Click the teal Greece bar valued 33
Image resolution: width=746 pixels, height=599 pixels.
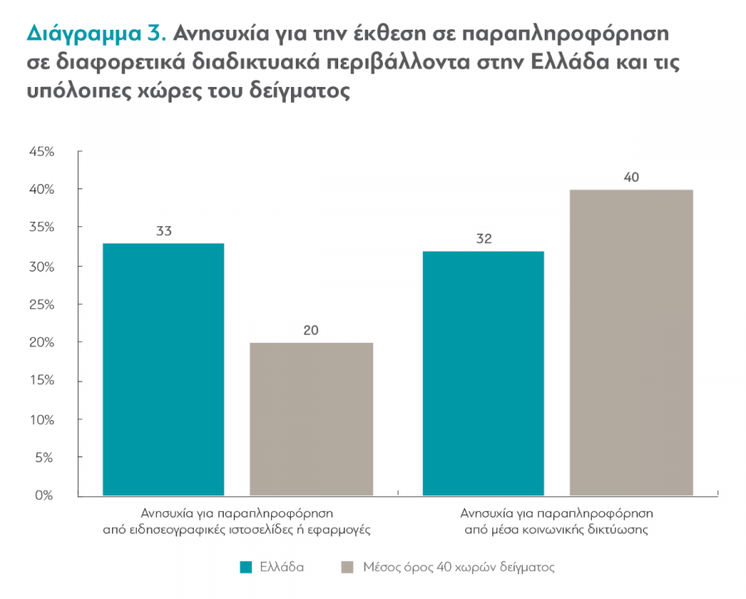(163, 370)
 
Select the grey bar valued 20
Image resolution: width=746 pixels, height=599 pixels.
(311, 419)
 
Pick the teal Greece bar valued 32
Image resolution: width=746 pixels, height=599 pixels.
(483, 374)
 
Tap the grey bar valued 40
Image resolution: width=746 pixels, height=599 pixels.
(632, 343)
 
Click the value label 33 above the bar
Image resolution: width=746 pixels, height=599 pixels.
(163, 231)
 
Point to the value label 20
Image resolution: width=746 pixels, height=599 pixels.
(311, 331)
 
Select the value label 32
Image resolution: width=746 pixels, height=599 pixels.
(483, 239)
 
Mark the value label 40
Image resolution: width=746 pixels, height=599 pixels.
(632, 177)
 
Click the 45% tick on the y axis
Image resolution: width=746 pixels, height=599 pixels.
(41, 152)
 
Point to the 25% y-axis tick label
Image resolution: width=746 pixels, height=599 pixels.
(41, 304)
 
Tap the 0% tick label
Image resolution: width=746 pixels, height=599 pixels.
(45, 495)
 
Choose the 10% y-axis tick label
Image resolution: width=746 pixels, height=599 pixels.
(41, 419)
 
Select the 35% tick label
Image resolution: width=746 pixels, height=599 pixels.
(41, 228)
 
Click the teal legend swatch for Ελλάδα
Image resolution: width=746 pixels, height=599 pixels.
(246, 568)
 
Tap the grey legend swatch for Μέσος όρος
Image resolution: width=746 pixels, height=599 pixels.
(347, 568)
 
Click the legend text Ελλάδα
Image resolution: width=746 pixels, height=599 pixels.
(282, 568)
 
